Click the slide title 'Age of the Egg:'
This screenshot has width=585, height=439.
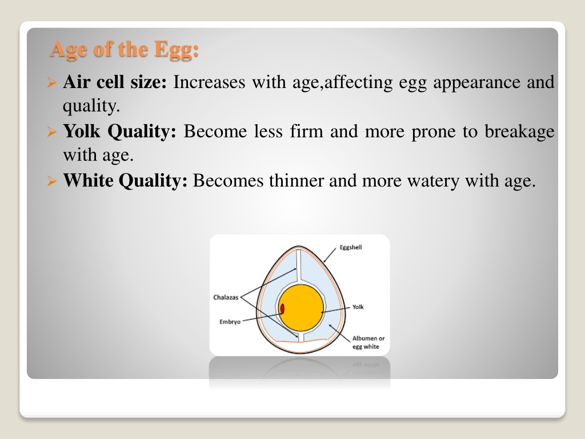tap(124, 50)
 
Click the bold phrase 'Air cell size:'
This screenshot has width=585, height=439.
tap(115, 82)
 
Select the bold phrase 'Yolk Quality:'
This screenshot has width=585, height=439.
tap(119, 132)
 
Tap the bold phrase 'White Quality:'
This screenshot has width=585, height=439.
tap(125, 181)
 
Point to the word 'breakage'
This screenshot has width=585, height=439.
tap(520, 132)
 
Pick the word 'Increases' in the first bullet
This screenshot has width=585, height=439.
tap(209, 82)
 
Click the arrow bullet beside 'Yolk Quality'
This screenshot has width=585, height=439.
tap(52, 132)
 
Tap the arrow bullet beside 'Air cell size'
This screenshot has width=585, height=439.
tap(52, 82)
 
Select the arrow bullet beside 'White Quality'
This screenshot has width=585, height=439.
tap(52, 181)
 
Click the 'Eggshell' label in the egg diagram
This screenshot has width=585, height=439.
tap(351, 248)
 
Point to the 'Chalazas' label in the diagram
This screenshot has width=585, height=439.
tap(226, 297)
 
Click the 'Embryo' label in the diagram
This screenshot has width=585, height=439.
tap(230, 322)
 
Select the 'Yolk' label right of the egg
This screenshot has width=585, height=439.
tap(358, 307)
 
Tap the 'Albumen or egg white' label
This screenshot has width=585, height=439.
tap(368, 342)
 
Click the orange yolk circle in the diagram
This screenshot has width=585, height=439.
tap(301, 308)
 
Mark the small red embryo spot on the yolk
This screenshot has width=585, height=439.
tap(282, 309)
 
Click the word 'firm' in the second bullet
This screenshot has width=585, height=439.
tap(306, 131)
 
